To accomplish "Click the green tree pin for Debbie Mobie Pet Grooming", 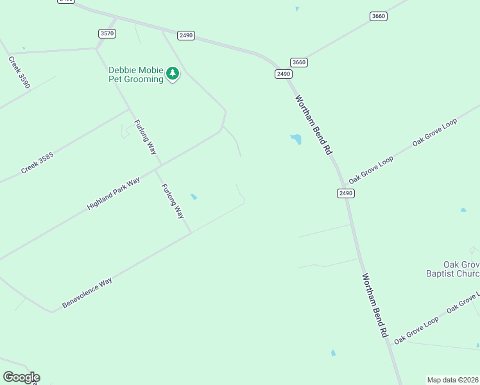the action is [x=172, y=74].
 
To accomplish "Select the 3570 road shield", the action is [x=107, y=33].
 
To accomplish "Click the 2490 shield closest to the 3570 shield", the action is [x=186, y=35].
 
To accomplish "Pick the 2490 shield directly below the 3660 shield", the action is [x=284, y=74].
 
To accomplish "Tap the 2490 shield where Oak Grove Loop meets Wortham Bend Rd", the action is [x=346, y=193].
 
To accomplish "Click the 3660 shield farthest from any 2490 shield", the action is [x=379, y=16].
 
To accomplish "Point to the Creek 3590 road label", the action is [x=19, y=72].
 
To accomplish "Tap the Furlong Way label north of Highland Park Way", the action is [x=145, y=137].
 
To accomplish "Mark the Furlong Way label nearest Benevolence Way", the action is [x=173, y=201].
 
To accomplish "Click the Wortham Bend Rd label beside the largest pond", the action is [x=313, y=125].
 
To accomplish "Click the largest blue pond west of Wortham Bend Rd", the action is [x=296, y=139].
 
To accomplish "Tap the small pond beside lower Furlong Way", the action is [x=194, y=197].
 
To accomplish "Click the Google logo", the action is [x=21, y=377].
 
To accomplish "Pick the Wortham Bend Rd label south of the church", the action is [x=375, y=306].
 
